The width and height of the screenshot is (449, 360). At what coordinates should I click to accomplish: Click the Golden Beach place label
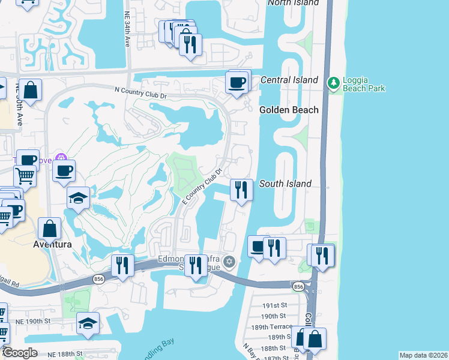point(289,110)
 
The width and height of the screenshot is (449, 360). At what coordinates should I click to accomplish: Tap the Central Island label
point(289,80)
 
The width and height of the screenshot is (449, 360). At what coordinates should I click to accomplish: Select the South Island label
point(285,184)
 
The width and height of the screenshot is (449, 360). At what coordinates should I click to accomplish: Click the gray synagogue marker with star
point(229,261)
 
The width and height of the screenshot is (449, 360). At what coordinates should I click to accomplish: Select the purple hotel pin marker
point(59,158)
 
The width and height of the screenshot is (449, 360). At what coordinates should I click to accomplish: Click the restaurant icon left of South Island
point(241,190)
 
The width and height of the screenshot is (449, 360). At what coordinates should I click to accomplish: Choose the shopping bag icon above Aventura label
point(49,229)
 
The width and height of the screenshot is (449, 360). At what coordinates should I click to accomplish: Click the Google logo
point(20,353)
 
